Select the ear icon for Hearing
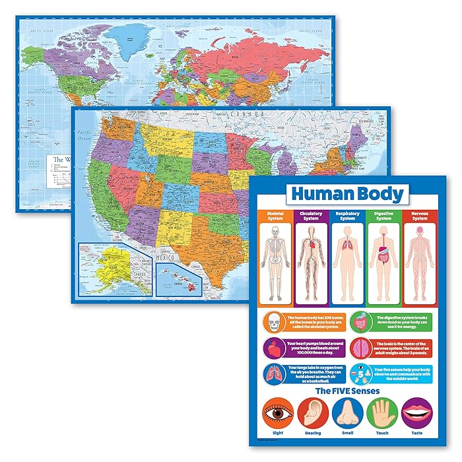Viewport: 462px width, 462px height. tap(313, 414)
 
